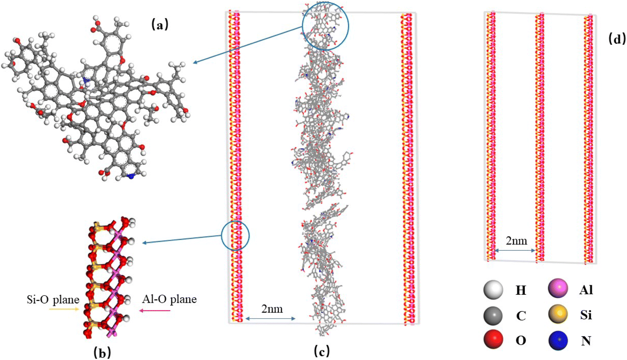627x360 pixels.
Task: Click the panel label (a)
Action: click(x=160, y=25)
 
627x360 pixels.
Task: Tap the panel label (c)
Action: click(x=322, y=352)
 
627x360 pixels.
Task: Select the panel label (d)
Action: click(x=617, y=39)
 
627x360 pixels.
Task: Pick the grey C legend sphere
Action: click(x=493, y=316)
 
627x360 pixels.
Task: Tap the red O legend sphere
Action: click(x=493, y=340)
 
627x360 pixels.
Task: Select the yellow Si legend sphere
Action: click(x=558, y=314)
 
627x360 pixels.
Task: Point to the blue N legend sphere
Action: click(x=558, y=340)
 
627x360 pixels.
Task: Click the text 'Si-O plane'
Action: click(x=53, y=300)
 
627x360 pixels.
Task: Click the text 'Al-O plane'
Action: click(x=169, y=299)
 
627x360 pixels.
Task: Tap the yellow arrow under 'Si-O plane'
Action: click(x=64, y=309)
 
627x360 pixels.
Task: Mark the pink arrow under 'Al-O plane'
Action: click(x=155, y=311)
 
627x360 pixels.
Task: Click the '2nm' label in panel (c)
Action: click(x=272, y=309)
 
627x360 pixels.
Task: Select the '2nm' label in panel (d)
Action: click(x=517, y=241)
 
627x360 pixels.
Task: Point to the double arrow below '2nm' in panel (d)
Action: click(x=515, y=250)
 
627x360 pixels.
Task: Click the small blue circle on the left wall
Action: click(x=235, y=235)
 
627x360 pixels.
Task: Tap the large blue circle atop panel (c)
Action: click(x=325, y=26)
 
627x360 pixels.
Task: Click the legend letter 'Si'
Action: click(x=585, y=315)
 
